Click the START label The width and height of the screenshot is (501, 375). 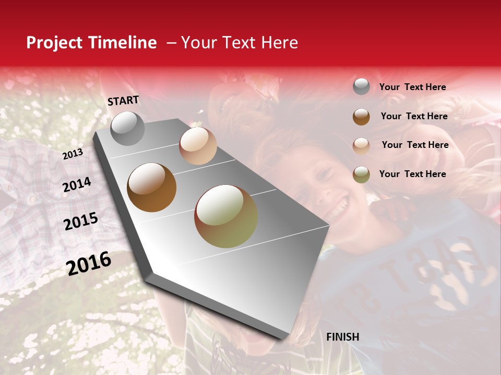tap(123, 101)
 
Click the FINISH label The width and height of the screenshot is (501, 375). tap(343, 337)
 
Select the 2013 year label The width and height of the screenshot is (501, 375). tap(73, 154)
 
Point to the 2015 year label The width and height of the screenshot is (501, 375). tap(81, 221)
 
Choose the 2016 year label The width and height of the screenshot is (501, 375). tap(89, 264)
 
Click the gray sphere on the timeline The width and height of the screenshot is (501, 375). tap(127, 129)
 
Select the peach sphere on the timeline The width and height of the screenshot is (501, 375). tap(198, 146)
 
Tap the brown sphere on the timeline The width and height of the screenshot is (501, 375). tap(151, 187)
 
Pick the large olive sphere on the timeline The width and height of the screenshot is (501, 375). tap(226, 216)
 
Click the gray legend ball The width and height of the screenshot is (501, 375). tap(361, 86)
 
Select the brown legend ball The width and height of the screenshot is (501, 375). tap(361, 117)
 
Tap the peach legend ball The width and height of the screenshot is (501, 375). tap(361, 146)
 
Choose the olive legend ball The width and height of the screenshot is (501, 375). tap(361, 174)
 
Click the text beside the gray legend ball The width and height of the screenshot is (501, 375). tap(412, 87)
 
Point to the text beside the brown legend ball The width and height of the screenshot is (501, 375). tap(414, 116)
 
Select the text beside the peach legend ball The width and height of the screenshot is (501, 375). tap(415, 145)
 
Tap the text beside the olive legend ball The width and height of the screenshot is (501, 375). tap(412, 174)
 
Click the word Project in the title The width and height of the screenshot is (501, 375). tap(55, 43)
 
